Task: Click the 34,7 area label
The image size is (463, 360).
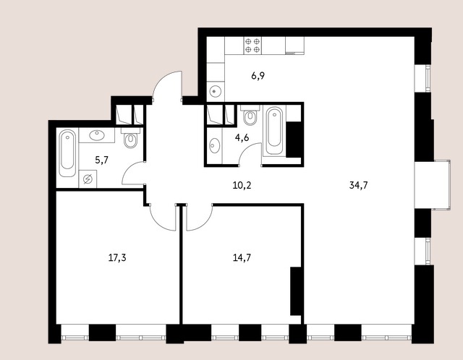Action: point(358,185)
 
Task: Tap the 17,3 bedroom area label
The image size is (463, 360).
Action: point(117,258)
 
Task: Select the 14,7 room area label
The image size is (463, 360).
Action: point(242,258)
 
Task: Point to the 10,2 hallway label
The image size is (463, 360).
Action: point(242,186)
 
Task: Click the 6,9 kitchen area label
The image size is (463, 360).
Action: point(258,76)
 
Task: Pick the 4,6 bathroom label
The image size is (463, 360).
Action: point(242,138)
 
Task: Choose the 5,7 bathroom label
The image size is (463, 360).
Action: point(101,160)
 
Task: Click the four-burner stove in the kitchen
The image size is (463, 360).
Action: point(252,46)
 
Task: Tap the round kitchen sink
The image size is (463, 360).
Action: point(215,91)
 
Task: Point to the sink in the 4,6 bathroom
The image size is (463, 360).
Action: point(213,145)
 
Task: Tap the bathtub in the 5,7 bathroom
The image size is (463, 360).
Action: point(67,153)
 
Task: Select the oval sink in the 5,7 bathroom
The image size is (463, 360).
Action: point(97,135)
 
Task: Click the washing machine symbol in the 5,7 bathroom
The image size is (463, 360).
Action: point(88,179)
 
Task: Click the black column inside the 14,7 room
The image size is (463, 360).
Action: point(295,291)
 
